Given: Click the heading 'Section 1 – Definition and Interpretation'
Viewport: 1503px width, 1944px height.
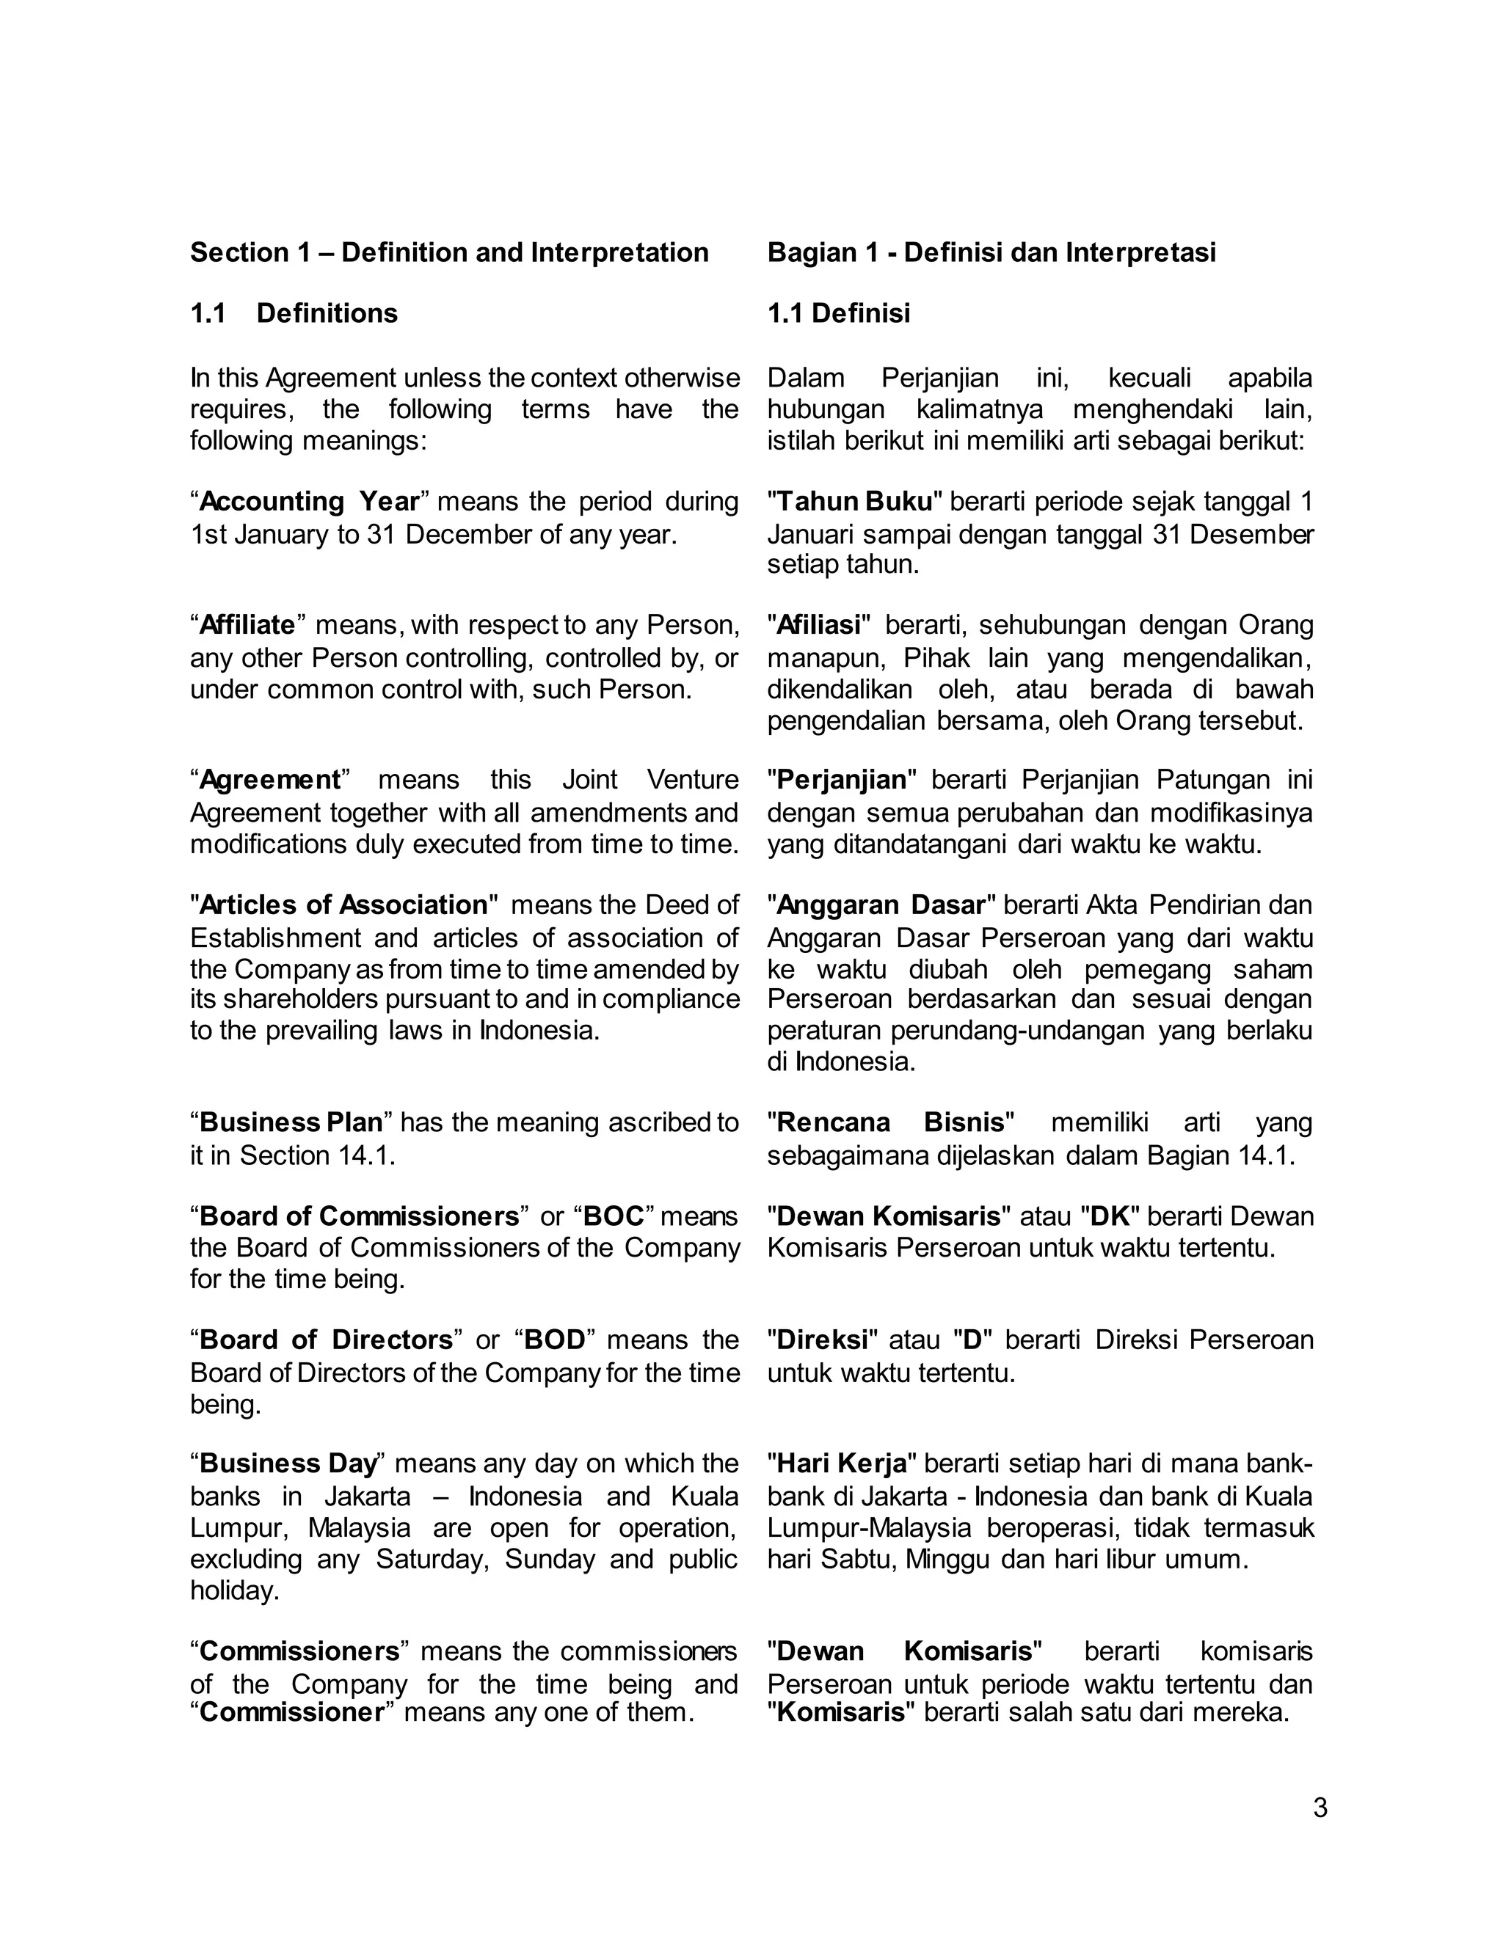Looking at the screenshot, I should click(448, 253).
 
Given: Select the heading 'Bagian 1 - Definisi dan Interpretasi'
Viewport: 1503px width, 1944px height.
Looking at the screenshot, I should click(991, 253).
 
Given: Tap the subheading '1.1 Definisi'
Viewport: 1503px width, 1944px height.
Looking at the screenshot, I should click(839, 313).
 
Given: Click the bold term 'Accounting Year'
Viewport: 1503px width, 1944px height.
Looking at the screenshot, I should click(309, 502).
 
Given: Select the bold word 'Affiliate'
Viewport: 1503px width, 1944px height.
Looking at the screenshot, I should click(247, 626).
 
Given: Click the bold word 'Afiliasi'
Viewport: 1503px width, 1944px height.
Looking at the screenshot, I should click(819, 626).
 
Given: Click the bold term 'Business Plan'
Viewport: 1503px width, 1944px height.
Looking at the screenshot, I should click(291, 1122).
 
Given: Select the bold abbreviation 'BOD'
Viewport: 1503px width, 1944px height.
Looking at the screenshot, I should click(555, 1340).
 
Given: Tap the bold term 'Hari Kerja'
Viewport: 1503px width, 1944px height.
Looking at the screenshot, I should click(842, 1464).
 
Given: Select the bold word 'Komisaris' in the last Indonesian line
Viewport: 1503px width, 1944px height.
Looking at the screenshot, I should click(840, 1713).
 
